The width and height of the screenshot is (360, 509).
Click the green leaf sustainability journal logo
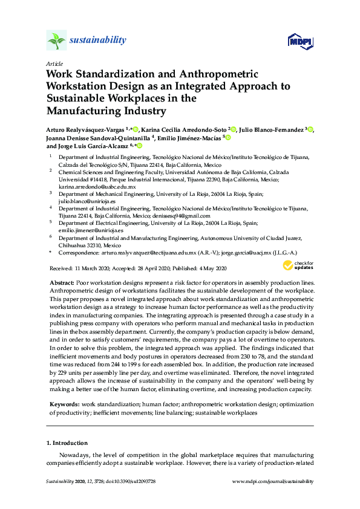coord(56,41)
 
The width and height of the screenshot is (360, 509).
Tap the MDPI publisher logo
coord(299,41)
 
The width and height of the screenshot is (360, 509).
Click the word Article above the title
coord(53,63)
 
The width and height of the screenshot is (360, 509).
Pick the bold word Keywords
coord(63,404)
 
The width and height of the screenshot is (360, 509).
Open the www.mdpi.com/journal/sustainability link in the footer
coord(273,482)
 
